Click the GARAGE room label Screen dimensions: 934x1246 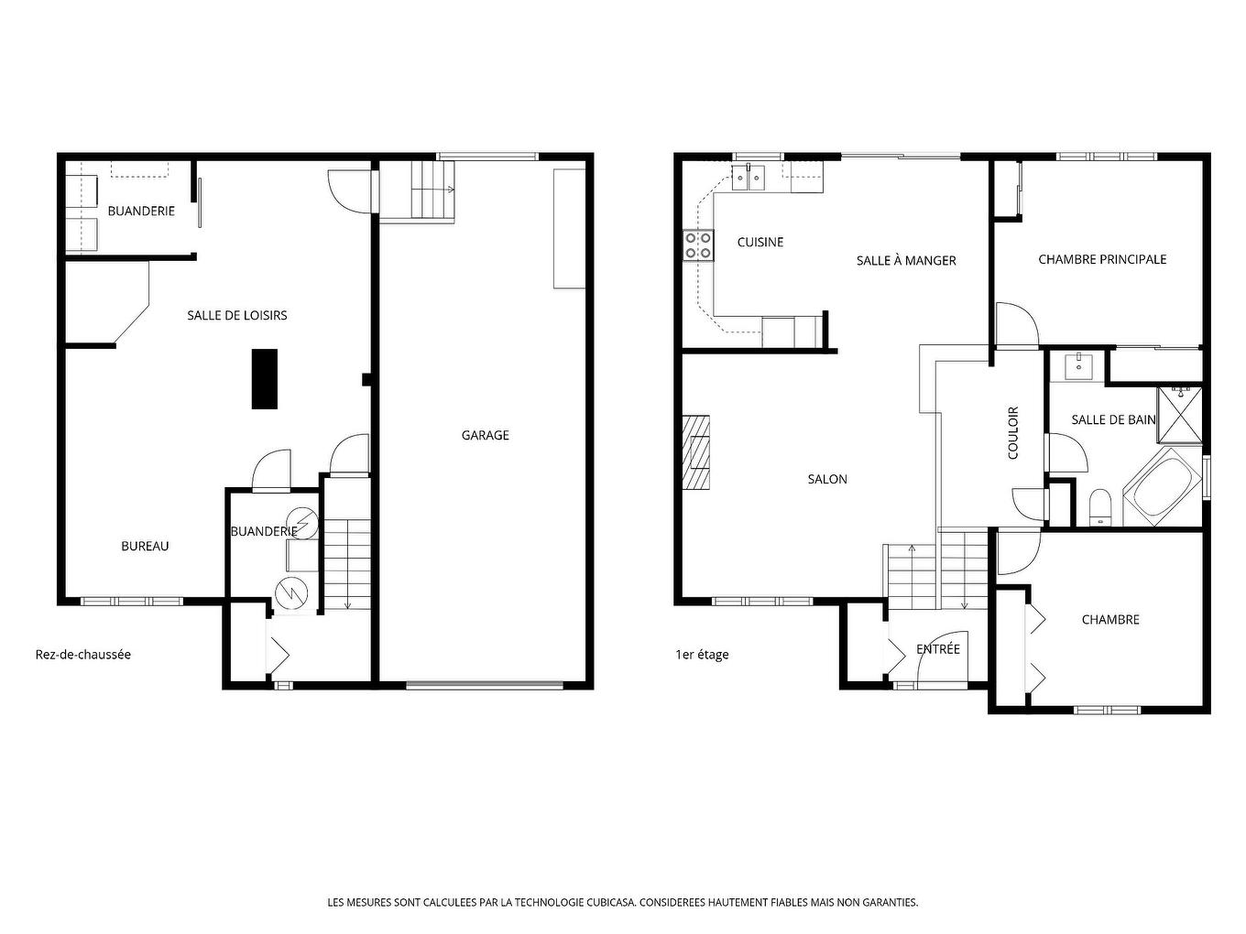click(x=485, y=435)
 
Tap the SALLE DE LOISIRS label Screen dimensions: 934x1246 click(x=237, y=315)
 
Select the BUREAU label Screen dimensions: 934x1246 click(x=145, y=546)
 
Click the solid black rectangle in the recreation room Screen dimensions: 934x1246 click(x=265, y=379)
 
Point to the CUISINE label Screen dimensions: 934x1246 click(x=760, y=242)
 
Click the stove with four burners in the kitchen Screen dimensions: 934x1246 click(x=699, y=245)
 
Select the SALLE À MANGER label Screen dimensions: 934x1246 click(x=906, y=261)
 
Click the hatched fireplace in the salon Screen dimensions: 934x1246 click(x=697, y=453)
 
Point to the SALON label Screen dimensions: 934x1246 click(x=827, y=479)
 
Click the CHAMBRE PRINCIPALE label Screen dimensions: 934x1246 click(x=1102, y=259)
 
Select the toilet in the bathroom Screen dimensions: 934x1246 click(x=1100, y=509)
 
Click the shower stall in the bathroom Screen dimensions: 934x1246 click(x=1181, y=416)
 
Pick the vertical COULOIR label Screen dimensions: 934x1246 click(x=1013, y=433)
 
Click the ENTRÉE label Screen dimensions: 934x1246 click(x=938, y=648)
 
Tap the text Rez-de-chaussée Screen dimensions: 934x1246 click(x=83, y=655)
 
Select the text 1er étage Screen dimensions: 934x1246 click(x=702, y=655)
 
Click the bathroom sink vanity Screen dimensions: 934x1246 click(x=1078, y=367)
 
